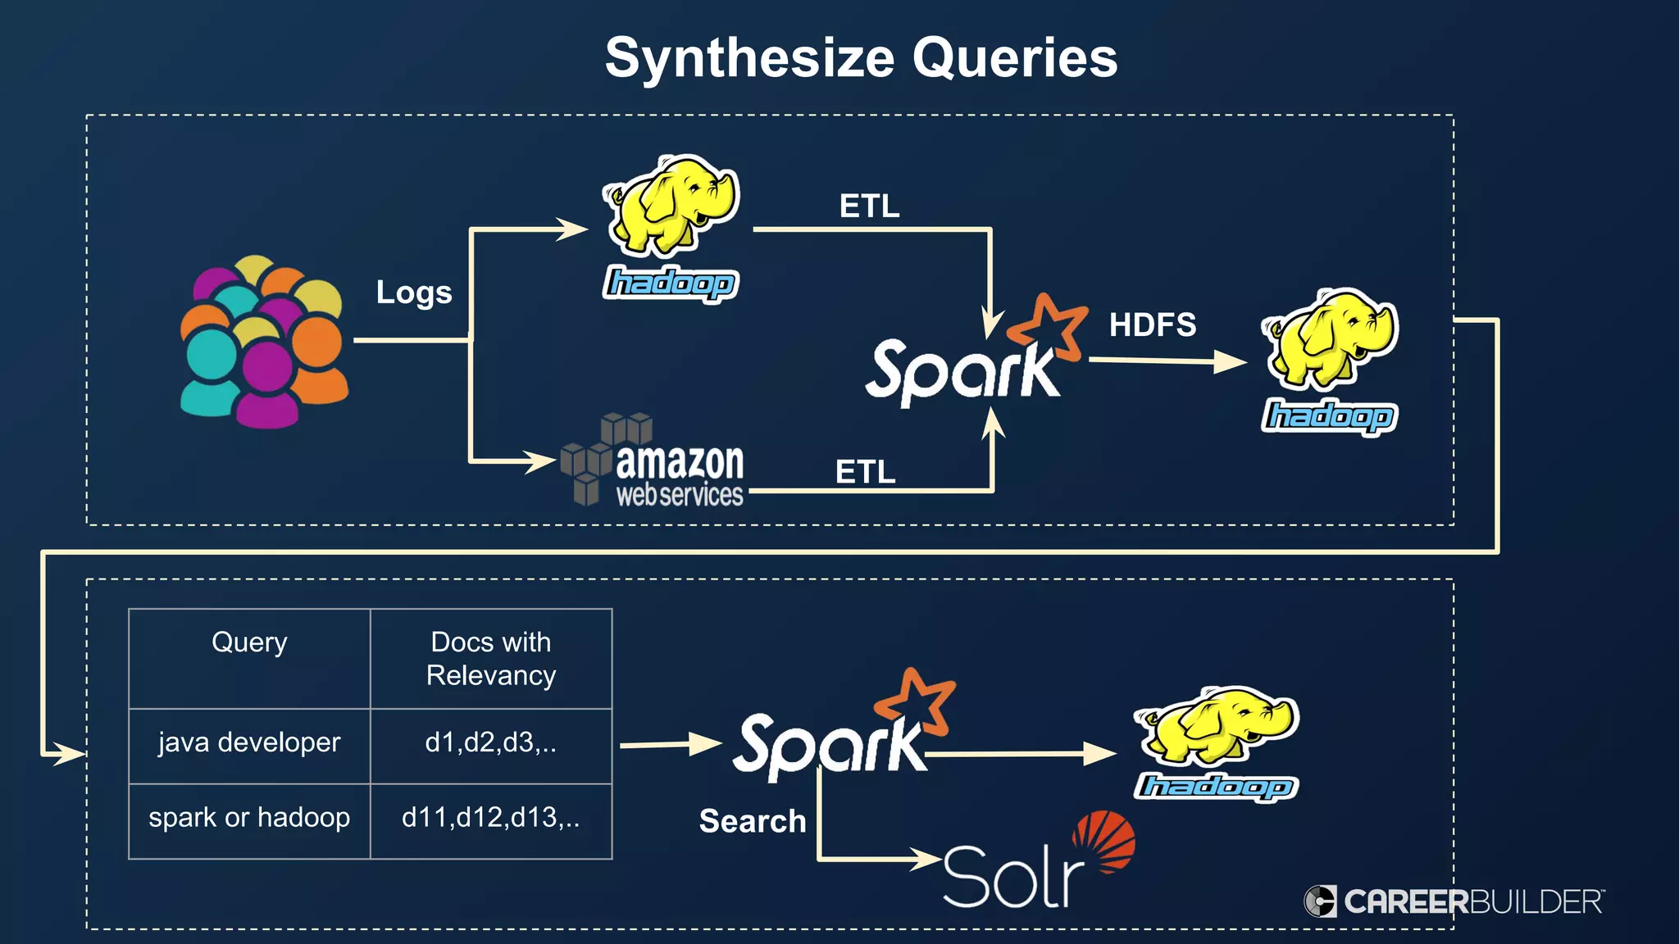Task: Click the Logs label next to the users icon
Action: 414,293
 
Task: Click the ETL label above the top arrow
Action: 869,206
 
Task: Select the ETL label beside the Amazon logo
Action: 865,472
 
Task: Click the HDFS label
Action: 1152,324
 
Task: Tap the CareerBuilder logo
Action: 1454,901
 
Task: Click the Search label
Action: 753,821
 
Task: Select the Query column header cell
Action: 249,658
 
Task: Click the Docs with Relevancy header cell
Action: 491,658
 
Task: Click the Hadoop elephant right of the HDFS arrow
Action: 1330,361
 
